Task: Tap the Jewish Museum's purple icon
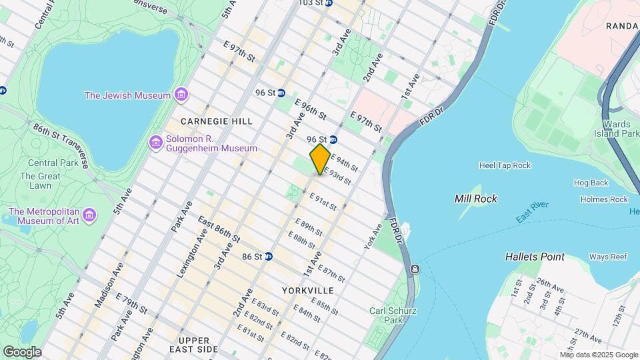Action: tap(180, 95)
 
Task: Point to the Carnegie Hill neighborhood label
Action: tap(217, 121)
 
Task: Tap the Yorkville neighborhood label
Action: tap(307, 291)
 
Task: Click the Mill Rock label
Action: tap(475, 199)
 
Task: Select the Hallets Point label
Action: tap(535, 257)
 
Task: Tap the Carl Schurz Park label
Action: tap(387, 315)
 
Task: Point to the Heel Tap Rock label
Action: tap(505, 165)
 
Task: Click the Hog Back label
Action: tap(591, 183)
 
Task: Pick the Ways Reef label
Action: tap(607, 257)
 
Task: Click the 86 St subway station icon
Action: tap(268, 256)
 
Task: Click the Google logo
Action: tap(22, 351)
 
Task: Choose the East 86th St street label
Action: tap(219, 229)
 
